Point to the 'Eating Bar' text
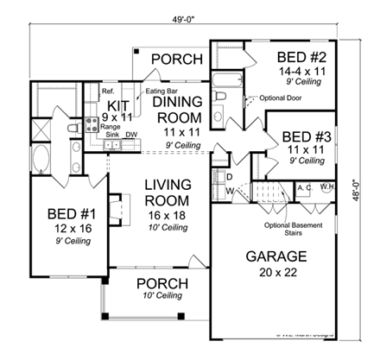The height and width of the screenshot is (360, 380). (x=161, y=89)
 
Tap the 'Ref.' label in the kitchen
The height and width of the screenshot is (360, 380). (x=109, y=90)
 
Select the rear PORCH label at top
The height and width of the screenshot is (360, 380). (x=177, y=59)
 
